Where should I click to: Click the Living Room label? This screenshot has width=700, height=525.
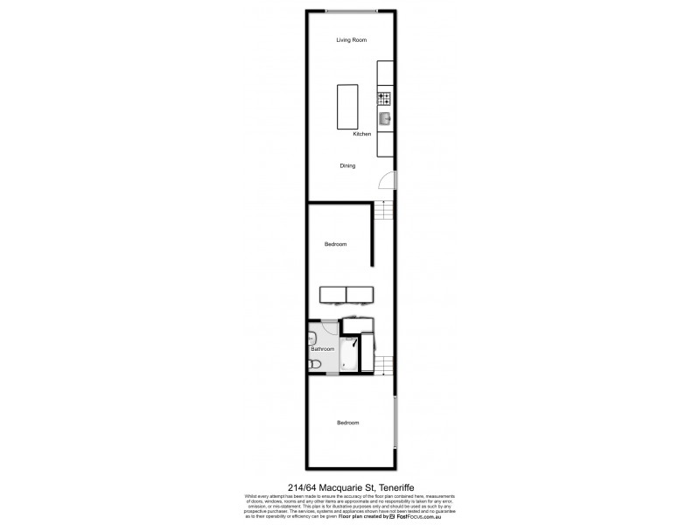coord(351,40)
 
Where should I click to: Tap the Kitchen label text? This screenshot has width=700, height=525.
coord(362,134)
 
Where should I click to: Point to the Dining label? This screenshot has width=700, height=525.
coord(348,164)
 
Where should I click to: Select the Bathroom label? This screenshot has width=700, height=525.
coord(323,348)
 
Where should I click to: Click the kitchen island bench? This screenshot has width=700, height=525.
coord(348,106)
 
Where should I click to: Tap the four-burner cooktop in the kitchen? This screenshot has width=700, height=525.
coord(384,97)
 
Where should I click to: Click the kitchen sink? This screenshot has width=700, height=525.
coord(384,118)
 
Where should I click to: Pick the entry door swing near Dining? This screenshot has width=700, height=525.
coord(386,181)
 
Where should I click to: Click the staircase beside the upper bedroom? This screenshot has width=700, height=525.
coord(383,211)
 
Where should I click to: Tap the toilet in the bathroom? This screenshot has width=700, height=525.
coord(316,364)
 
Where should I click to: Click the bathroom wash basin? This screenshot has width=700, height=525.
coord(311,337)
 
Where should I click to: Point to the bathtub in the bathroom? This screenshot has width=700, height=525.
coord(350,354)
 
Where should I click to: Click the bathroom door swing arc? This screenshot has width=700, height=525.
coord(330,327)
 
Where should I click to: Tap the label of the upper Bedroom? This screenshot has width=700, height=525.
coord(336,244)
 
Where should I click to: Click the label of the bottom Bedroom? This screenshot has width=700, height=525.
coord(348,423)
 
